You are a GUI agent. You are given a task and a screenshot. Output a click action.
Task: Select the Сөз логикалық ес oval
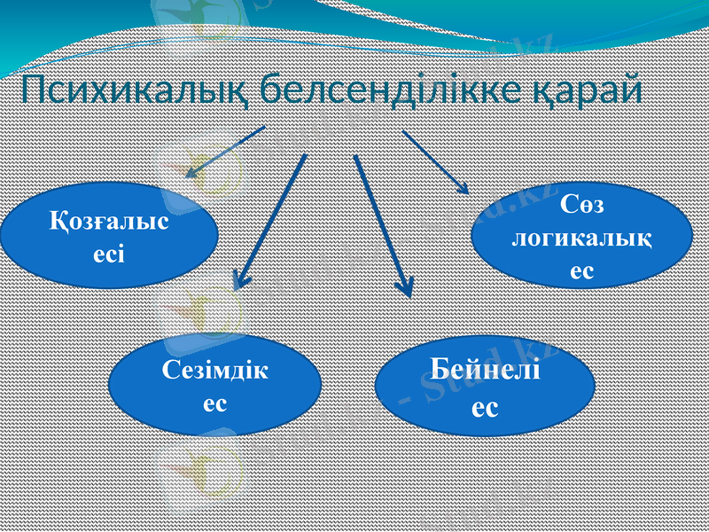581,237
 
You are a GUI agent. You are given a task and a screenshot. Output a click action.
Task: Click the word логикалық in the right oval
582,239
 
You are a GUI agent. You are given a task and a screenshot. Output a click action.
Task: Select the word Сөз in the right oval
582,206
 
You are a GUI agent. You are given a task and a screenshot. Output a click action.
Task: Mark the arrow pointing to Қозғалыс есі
225,152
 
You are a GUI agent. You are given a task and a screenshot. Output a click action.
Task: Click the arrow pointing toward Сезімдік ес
270,222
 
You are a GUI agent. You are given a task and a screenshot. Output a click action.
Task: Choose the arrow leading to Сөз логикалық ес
434,160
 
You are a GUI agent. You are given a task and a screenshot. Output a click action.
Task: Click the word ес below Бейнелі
485,407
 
